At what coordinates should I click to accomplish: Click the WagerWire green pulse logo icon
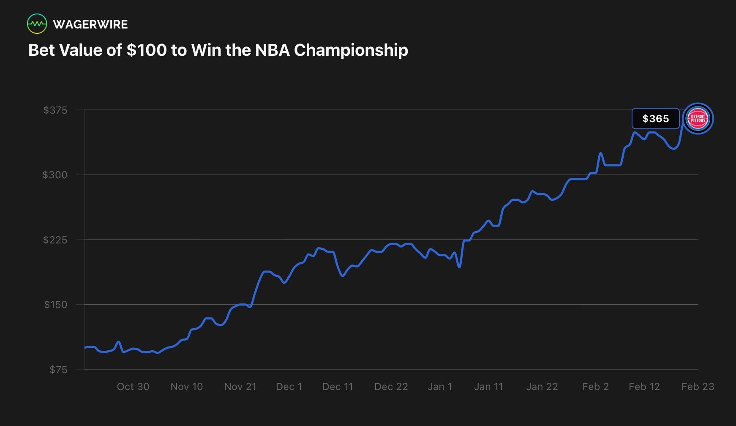coord(37,24)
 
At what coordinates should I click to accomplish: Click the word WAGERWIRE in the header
coord(90,24)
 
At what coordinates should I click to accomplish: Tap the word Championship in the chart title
coord(351,50)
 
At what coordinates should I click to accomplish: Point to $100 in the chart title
coord(146,50)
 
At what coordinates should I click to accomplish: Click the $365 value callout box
coord(655,119)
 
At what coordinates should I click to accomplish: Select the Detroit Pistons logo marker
coord(698,119)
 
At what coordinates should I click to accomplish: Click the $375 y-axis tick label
coord(55,110)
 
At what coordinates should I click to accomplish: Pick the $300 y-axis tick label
coord(55,175)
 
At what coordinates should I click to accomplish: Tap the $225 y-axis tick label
coord(55,240)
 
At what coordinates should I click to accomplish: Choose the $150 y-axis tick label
coord(55,305)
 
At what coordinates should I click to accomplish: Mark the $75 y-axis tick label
coord(58,370)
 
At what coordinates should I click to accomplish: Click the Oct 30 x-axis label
coord(133,387)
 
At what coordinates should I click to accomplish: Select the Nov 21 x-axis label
coord(240,387)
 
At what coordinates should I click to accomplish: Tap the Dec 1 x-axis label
coord(289,387)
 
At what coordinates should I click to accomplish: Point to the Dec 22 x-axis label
coord(391,387)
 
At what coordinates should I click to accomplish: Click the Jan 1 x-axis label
coord(440,387)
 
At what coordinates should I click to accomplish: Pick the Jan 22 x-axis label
coord(542,387)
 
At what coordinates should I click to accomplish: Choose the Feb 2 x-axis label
coord(595,387)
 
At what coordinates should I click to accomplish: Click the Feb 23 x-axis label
coord(698,387)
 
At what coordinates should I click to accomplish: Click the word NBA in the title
coord(272,50)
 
